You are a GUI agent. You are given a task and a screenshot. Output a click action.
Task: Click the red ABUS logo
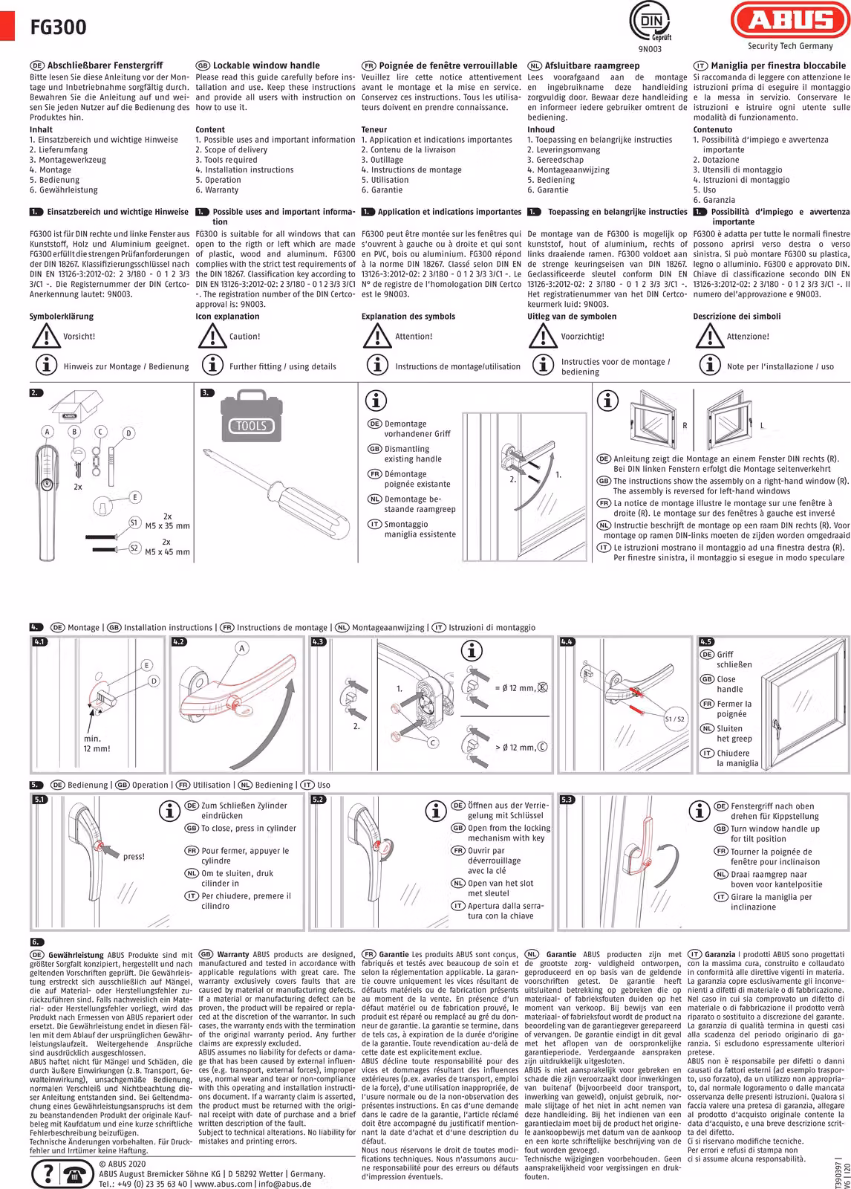pos(790,20)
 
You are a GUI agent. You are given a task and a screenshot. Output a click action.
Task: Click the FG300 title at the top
pos(59,27)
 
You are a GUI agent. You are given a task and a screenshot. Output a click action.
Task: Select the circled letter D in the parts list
pos(128,433)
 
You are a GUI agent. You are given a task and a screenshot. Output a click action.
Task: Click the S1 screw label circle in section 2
pos(134,523)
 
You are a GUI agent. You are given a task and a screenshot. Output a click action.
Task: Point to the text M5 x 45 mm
pos(167,552)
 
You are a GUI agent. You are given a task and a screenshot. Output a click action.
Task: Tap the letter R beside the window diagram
pos(685,426)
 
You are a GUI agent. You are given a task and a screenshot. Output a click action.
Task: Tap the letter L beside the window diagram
pos(762,426)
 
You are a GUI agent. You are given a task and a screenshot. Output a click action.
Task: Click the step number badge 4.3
pos(317,642)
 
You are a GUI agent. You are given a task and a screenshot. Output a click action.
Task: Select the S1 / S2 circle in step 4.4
pos(674,719)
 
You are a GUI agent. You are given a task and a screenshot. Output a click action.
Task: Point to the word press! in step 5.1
pos(134,856)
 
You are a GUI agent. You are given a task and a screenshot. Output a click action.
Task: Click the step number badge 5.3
pos(567,800)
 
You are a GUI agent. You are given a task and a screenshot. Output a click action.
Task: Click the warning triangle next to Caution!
pos(212,335)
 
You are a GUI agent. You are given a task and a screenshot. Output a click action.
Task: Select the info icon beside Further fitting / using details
pos(212,365)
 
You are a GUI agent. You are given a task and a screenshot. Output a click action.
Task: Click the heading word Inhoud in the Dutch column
pos(541,129)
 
